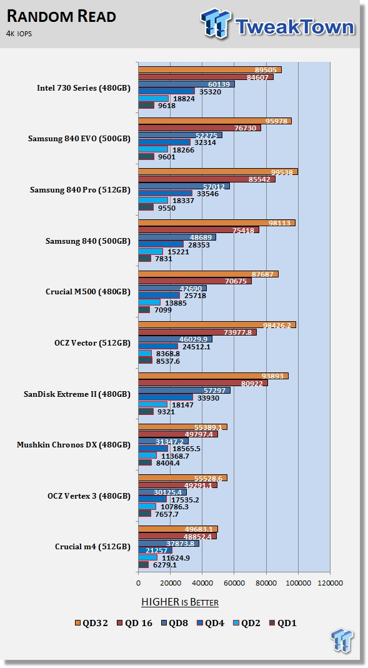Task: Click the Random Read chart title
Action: (x=61, y=17)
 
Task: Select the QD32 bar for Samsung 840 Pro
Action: (x=218, y=172)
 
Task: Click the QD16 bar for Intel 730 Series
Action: (x=206, y=77)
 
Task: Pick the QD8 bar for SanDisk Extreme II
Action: (x=184, y=390)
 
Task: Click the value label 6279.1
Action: (x=164, y=565)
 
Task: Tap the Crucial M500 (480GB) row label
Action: (x=87, y=292)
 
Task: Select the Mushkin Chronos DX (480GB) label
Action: (x=74, y=445)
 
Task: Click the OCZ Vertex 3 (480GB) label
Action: (x=89, y=496)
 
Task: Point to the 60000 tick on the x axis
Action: (x=234, y=583)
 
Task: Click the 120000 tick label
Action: (x=330, y=583)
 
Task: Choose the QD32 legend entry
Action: (x=92, y=623)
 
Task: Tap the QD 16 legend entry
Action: (x=134, y=623)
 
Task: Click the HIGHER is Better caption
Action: (x=180, y=602)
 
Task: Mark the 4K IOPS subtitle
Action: (x=19, y=34)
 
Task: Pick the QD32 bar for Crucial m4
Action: (x=178, y=529)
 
